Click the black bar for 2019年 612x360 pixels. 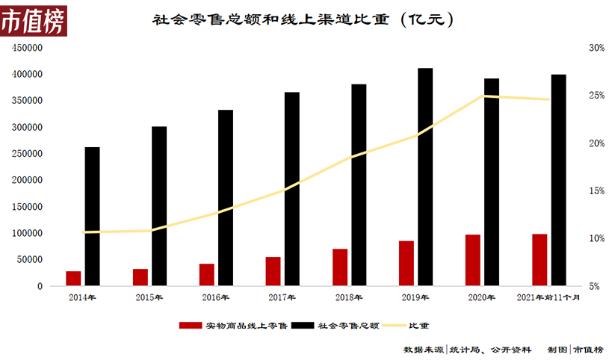click(x=425, y=176)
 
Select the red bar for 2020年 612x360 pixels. click(x=473, y=260)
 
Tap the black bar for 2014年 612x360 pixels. click(x=92, y=216)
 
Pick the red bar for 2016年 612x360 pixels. click(x=207, y=274)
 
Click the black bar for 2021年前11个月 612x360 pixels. click(x=558, y=180)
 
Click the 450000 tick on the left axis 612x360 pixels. click(x=26, y=48)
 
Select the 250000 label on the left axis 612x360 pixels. click(x=26, y=154)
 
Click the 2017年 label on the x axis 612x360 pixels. click(x=282, y=297)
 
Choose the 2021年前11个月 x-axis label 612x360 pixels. click(x=548, y=297)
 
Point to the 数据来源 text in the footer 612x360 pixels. click(x=424, y=350)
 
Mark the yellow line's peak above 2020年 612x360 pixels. click(x=484, y=96)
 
